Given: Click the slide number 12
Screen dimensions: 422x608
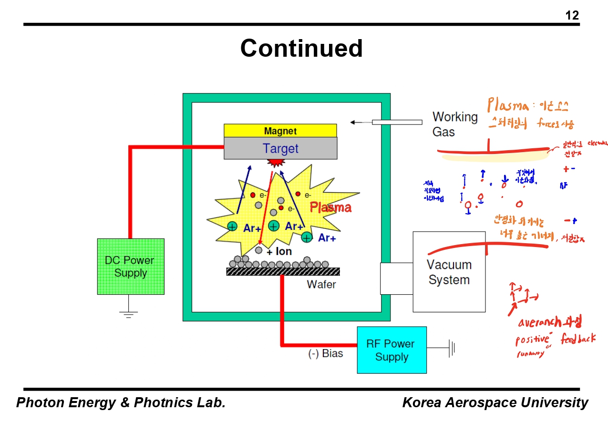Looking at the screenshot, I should coord(572,16).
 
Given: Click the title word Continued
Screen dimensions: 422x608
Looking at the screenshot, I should coord(301,48).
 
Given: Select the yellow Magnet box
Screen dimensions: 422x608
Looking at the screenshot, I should coord(280,131).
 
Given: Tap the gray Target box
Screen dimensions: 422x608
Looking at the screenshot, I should coord(280,148).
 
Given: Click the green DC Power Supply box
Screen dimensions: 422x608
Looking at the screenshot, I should coord(131,267).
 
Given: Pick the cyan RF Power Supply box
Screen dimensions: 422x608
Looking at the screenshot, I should coord(392,350).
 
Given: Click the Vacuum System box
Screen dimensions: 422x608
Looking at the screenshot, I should coord(449,272).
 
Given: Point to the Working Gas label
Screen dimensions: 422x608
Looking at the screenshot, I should coord(454,124).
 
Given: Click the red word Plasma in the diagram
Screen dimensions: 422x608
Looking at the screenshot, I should coord(330,207).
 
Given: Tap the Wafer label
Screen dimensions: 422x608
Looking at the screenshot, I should coord(321,285).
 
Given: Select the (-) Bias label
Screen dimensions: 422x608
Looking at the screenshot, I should coord(325,354).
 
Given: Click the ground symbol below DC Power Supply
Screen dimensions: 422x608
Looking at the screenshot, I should coord(128,313).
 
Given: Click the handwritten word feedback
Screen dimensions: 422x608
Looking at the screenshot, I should coord(578,339).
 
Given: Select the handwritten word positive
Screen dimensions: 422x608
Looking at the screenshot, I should coord(532,340).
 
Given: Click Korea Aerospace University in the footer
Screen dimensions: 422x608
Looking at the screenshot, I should coord(495,402).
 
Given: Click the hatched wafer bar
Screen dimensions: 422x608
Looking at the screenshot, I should coord(283,271).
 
